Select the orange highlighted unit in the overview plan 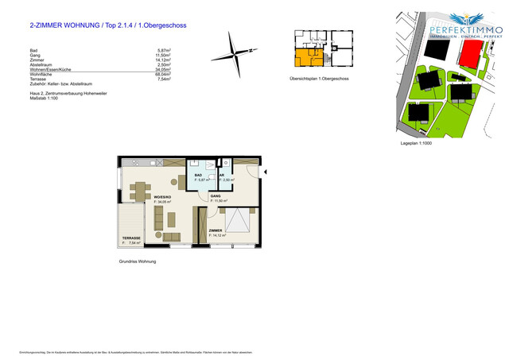(x=305, y=57)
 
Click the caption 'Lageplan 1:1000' (x=417, y=144)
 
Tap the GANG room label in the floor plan (x=215, y=195)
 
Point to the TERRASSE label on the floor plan (x=130, y=238)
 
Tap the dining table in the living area (x=140, y=192)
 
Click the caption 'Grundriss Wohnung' (x=138, y=261)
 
